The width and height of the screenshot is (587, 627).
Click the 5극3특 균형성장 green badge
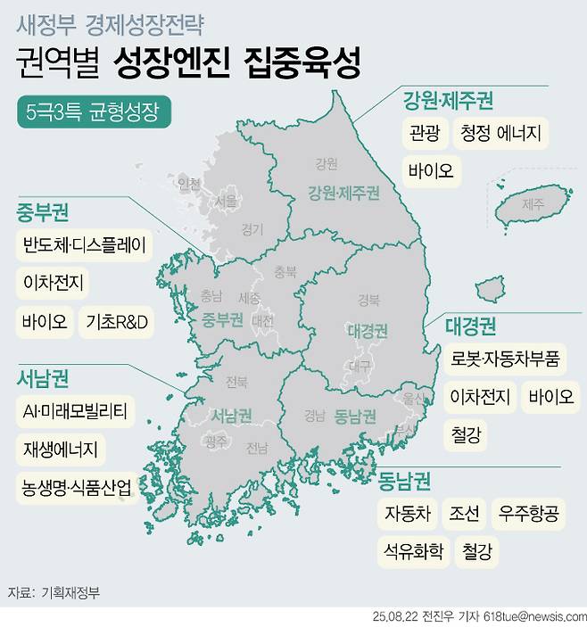pos(94,113)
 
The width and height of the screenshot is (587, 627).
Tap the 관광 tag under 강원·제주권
pos(425,135)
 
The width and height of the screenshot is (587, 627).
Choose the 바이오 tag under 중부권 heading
pos(45,320)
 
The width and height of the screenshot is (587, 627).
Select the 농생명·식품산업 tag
pos(78,488)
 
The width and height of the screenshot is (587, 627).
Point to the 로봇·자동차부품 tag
pos(505,359)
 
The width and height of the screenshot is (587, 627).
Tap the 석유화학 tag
pos(411,551)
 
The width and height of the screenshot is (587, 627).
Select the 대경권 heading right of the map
pos(471,326)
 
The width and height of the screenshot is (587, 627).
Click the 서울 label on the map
pos(225,202)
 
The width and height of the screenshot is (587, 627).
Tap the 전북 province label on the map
pos(236,383)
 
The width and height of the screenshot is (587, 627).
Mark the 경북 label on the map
pos(368,299)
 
